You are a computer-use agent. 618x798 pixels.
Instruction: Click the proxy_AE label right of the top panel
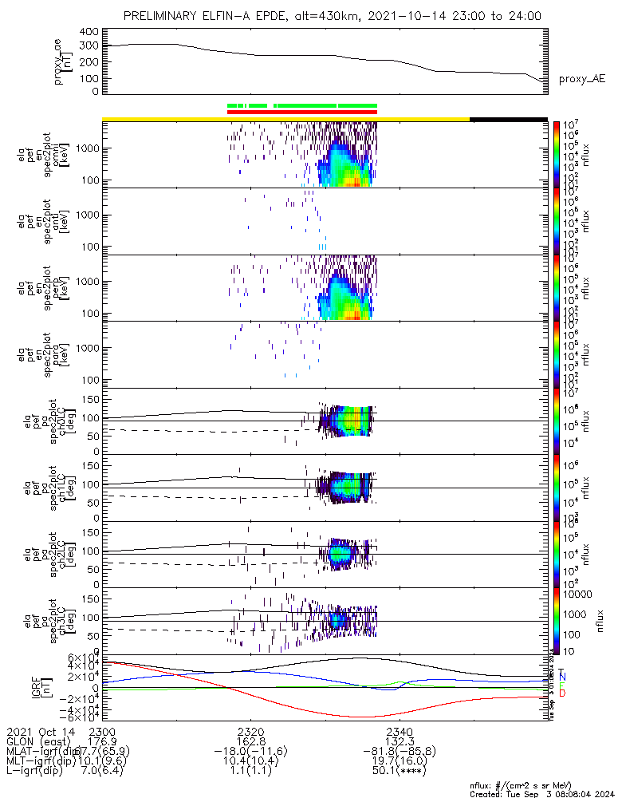(x=581, y=79)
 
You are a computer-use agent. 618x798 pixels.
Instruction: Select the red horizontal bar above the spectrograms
(x=301, y=112)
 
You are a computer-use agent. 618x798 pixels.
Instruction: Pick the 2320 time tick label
(x=250, y=731)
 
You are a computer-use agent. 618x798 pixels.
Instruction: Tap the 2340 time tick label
(x=399, y=731)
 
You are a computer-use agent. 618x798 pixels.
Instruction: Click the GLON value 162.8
(x=250, y=741)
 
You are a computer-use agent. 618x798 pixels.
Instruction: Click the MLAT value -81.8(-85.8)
(x=399, y=752)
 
